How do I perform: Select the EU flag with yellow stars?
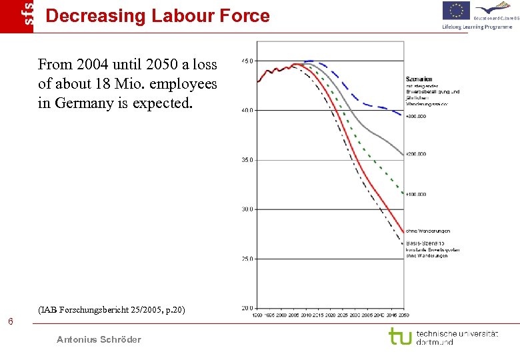click(x=457, y=10)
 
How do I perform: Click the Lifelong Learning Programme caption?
click(x=477, y=27)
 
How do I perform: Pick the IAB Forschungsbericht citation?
click(x=112, y=309)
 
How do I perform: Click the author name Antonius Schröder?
click(x=99, y=339)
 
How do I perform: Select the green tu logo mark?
click(x=400, y=336)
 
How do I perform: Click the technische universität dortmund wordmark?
click(x=457, y=337)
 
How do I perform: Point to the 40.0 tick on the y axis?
click(x=247, y=111)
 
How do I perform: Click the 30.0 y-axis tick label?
click(x=247, y=209)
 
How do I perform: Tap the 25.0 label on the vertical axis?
click(x=247, y=259)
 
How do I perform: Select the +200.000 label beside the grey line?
click(x=417, y=154)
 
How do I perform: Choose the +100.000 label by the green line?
click(x=417, y=194)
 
